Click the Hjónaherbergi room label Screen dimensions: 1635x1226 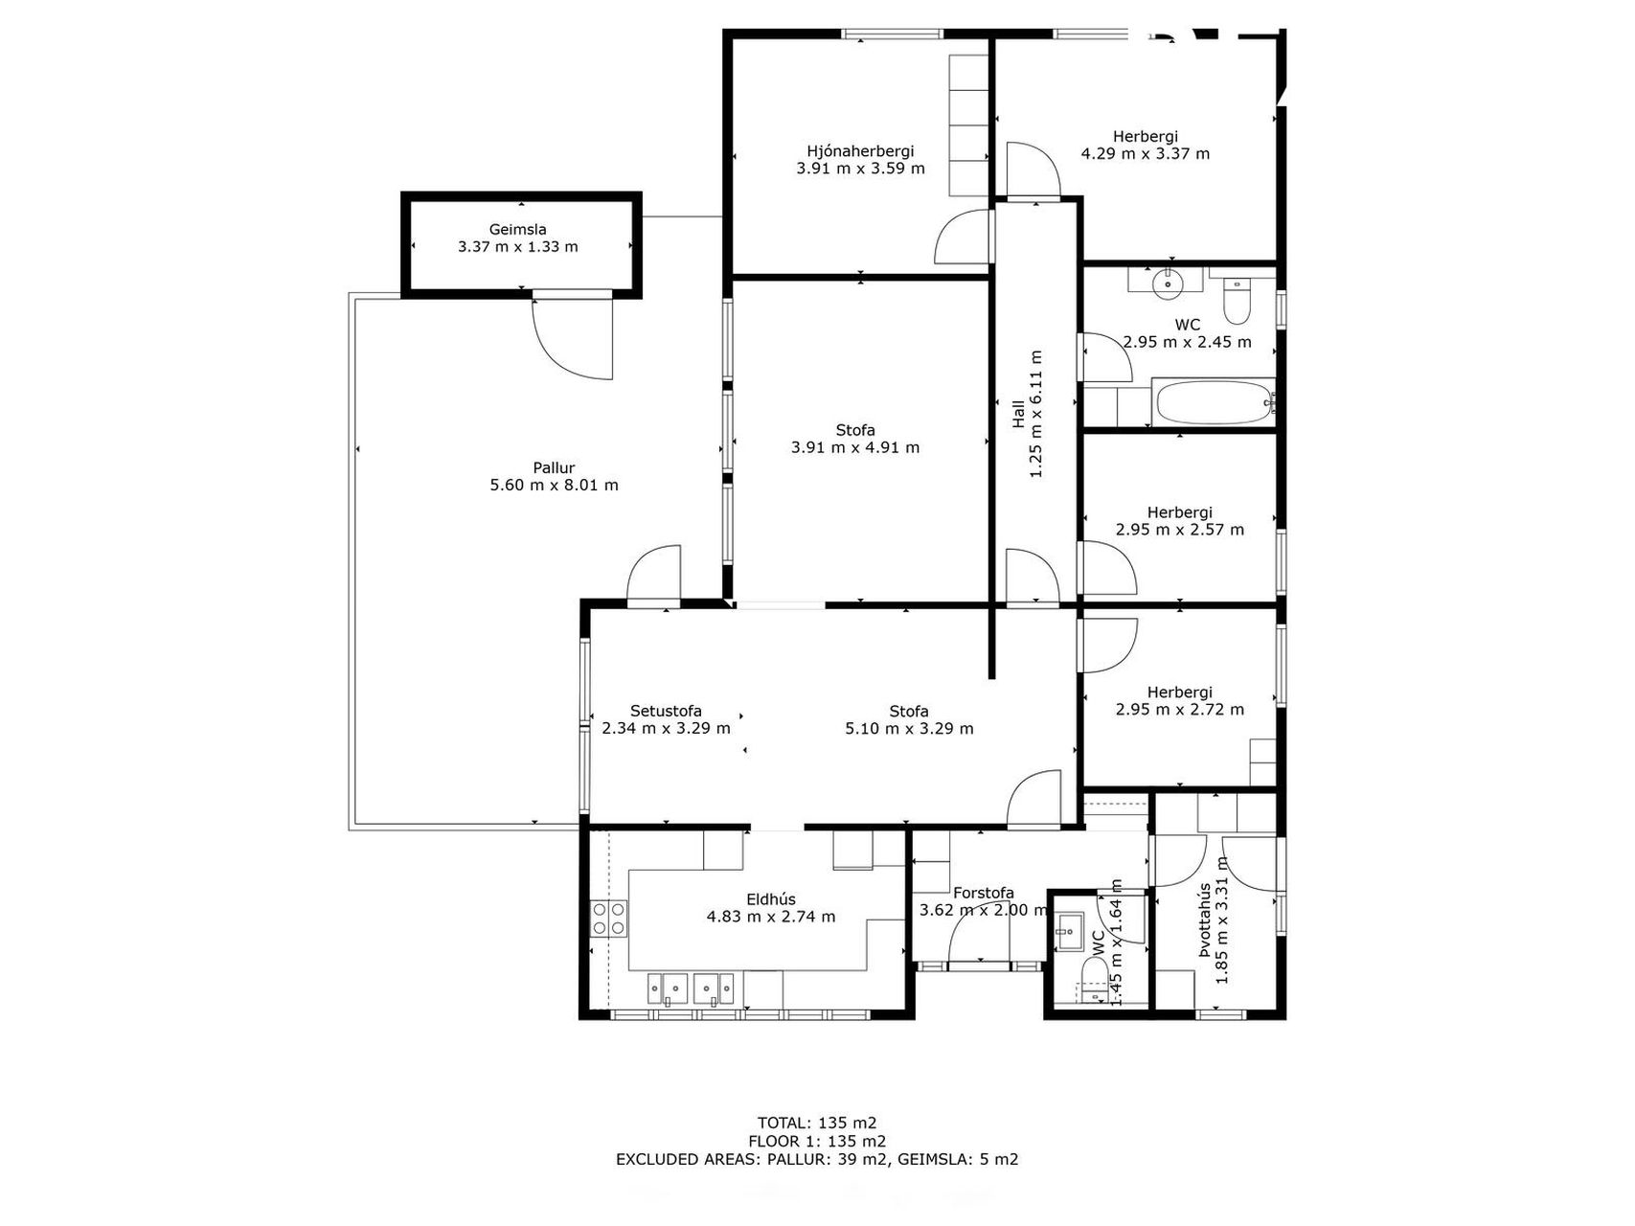pyautogui.click(x=860, y=151)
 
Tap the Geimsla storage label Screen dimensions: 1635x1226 pyautogui.click(x=517, y=230)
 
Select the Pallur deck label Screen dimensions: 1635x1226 pyautogui.click(x=554, y=468)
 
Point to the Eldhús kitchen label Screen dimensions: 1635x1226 pyautogui.click(x=771, y=899)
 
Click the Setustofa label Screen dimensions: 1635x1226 pyautogui.click(x=666, y=711)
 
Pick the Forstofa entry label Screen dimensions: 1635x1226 pyautogui.click(x=983, y=893)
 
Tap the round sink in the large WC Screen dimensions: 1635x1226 pyautogui.click(x=1169, y=282)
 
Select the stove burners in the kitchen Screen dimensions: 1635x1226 pyautogui.click(x=610, y=919)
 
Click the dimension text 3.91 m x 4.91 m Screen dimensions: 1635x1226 pyautogui.click(x=855, y=447)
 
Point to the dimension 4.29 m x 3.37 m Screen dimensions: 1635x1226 pyautogui.click(x=1146, y=153)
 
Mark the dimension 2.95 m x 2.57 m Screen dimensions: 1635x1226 pyautogui.click(x=1180, y=529)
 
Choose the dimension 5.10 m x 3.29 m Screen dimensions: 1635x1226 pyautogui.click(x=909, y=728)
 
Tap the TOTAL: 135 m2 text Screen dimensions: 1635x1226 pyautogui.click(x=817, y=1123)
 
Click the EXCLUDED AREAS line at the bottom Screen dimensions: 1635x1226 pyautogui.click(x=817, y=1159)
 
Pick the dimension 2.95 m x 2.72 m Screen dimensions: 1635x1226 pyautogui.click(x=1180, y=710)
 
